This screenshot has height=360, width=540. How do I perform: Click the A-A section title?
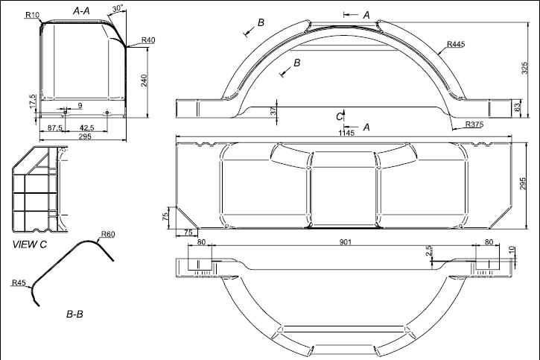point(81,11)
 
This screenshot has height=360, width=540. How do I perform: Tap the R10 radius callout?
point(32,15)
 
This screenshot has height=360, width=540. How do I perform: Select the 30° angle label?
point(118,9)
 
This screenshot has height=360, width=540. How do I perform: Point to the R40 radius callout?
point(148,40)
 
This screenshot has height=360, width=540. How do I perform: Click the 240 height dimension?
point(144,80)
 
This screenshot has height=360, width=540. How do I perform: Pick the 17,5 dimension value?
point(33,101)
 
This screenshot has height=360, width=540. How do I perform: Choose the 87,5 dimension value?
point(55,127)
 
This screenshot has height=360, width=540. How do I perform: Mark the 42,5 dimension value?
point(87,127)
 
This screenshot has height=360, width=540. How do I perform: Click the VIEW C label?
point(29,244)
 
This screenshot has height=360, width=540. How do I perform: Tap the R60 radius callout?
point(108,235)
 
